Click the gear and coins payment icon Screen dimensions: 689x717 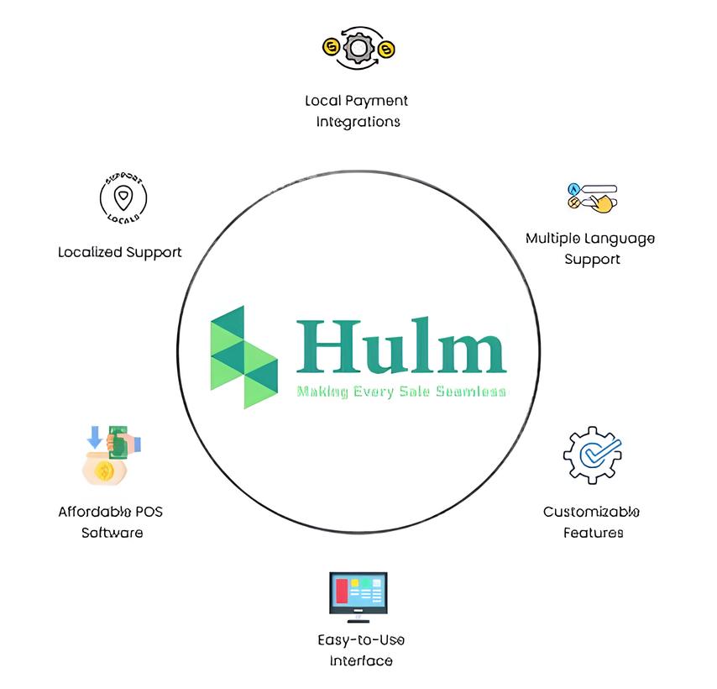(x=358, y=49)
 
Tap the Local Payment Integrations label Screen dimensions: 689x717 (x=357, y=111)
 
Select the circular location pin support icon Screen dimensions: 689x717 (x=123, y=199)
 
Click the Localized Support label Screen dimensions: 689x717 (x=119, y=252)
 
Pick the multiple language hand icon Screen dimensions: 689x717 (x=593, y=197)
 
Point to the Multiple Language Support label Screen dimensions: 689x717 (x=590, y=249)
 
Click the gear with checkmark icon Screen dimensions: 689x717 (x=592, y=455)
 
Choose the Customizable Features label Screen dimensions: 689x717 (x=592, y=522)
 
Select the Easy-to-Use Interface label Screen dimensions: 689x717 (x=361, y=650)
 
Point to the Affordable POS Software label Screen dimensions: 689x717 (x=111, y=522)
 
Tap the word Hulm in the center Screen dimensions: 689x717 (x=400, y=346)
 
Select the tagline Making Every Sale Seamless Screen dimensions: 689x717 (x=401, y=391)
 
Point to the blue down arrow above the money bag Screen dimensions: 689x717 (x=95, y=435)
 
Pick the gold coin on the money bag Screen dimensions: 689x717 (x=104, y=471)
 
